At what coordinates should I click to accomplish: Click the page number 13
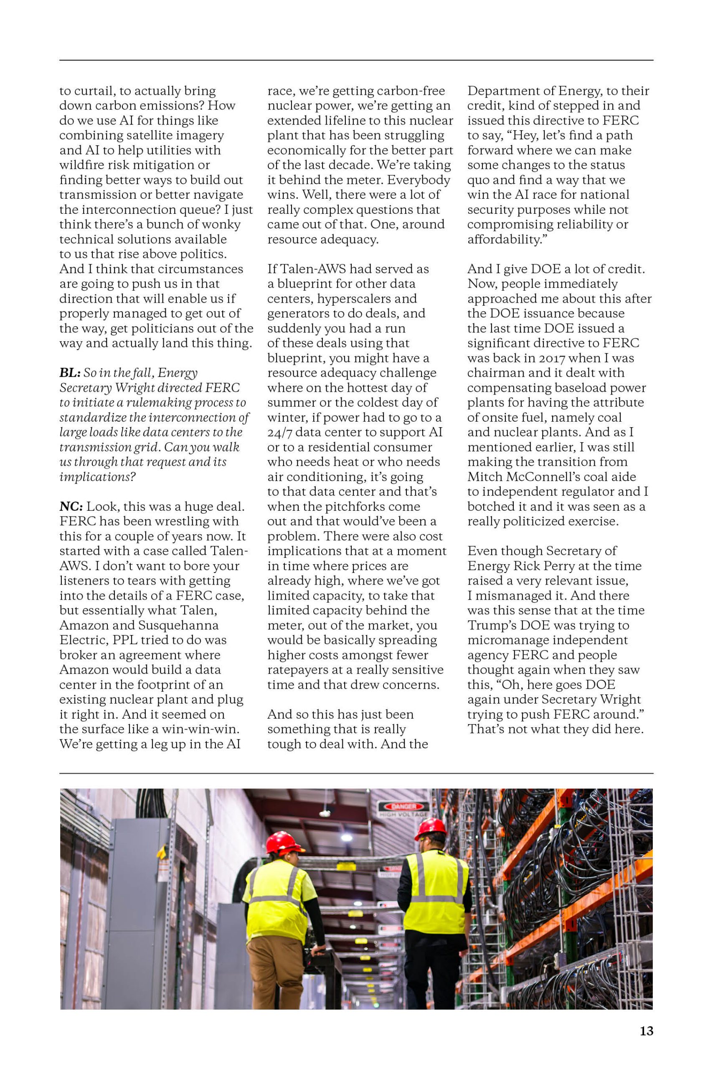646,1031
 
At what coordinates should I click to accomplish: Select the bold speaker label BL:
70,373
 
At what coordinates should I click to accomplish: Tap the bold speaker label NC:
71,507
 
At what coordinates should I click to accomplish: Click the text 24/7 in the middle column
279,432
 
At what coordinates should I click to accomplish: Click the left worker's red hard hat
284,842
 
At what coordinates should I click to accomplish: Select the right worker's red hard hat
431,830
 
